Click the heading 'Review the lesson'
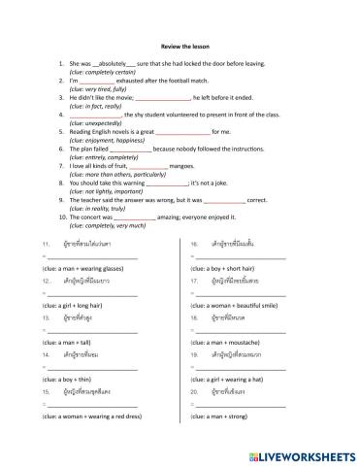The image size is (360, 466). pyautogui.click(x=179, y=44)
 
